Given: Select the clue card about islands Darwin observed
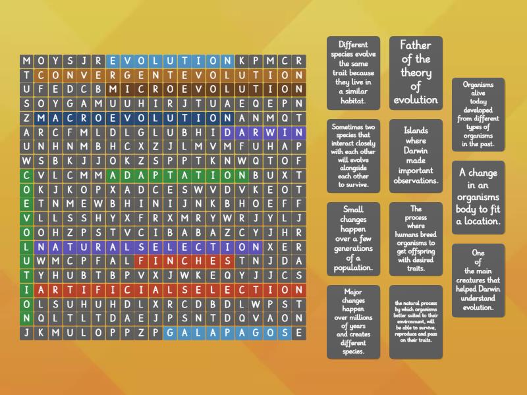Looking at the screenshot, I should (416, 155).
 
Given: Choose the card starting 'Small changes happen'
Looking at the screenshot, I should (353, 238).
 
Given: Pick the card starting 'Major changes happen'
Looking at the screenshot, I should (353, 321).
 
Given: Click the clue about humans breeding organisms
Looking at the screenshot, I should (416, 238).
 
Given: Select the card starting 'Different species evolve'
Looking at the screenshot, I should (353, 72).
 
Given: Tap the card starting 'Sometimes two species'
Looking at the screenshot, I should (353, 155).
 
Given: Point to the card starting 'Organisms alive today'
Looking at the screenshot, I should (478, 115).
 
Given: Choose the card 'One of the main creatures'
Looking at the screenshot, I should (478, 280).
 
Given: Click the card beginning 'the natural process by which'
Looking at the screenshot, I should (416, 321).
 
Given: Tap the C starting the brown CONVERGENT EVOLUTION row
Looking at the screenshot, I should (41, 75).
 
